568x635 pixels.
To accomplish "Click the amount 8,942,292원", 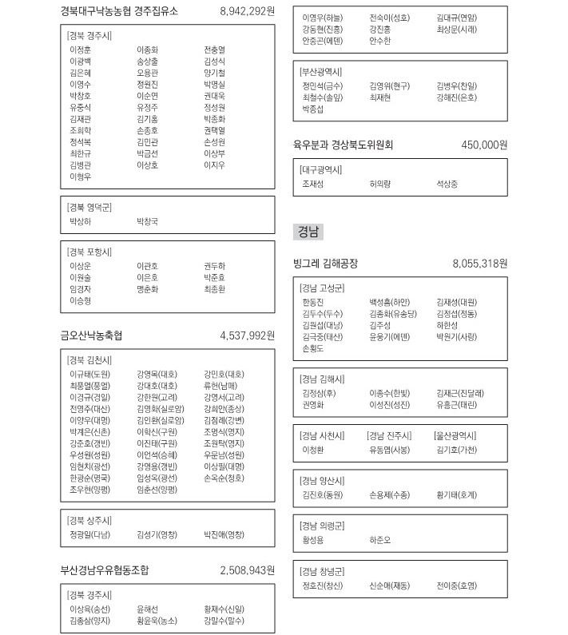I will pyautogui.click(x=247, y=11).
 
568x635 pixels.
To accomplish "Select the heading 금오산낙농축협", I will pyautogui.click(x=97, y=335).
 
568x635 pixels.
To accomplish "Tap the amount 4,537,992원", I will pyautogui.click(x=247, y=335).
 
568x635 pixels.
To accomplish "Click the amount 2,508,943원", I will pyautogui.click(x=247, y=570).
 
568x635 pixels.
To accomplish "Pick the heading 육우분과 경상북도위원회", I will pyautogui.click(x=344, y=145).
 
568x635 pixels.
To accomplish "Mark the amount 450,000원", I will pyautogui.click(x=484, y=145).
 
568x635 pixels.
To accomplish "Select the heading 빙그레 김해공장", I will pyautogui.click(x=326, y=263).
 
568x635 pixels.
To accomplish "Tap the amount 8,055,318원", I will pyautogui.click(x=479, y=263).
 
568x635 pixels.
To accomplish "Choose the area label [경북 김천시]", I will pyautogui.click(x=90, y=359).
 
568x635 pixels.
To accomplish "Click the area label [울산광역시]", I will pyautogui.click(x=455, y=435).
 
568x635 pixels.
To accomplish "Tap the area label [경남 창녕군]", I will pyautogui.click(x=322, y=571).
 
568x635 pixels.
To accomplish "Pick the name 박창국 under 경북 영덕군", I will pyautogui.click(x=148, y=220).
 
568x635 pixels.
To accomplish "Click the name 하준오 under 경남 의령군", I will pyautogui.click(x=380, y=540).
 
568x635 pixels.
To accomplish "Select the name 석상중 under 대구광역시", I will pyautogui.click(x=447, y=184).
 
